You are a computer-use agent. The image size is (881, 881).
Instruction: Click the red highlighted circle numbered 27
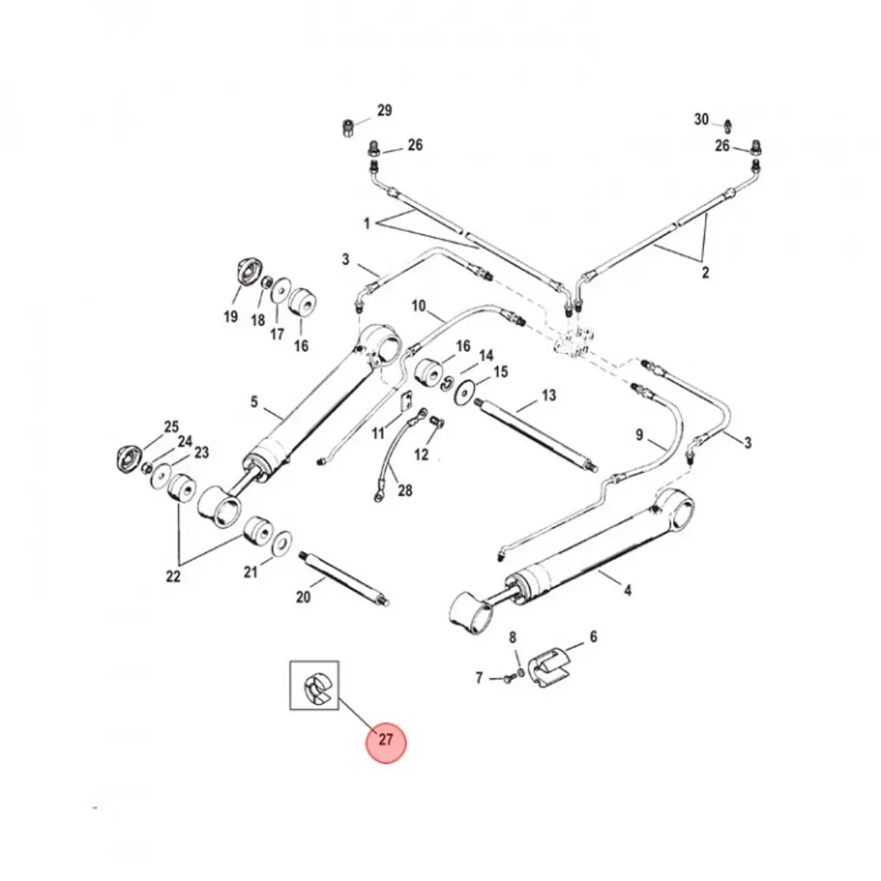click(x=385, y=741)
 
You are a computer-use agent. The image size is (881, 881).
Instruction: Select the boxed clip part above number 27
click(x=315, y=686)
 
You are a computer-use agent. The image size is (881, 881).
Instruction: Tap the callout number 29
click(x=385, y=111)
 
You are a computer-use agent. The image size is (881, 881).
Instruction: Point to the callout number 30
click(x=702, y=119)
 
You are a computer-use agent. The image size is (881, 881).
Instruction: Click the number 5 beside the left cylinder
click(x=254, y=402)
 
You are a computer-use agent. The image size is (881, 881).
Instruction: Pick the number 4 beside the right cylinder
click(x=627, y=589)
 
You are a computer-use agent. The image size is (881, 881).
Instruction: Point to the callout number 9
click(x=639, y=435)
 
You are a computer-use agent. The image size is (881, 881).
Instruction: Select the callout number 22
click(x=173, y=576)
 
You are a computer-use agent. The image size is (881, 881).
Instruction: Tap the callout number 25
click(x=170, y=427)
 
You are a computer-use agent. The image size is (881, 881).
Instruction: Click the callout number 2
click(x=706, y=273)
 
